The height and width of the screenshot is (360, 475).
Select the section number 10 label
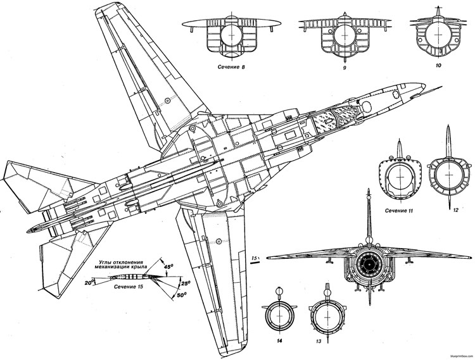click(437, 65)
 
